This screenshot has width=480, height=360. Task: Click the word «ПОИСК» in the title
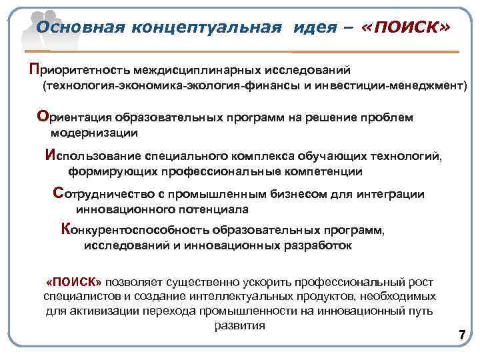405,27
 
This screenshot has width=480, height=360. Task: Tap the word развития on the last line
240,326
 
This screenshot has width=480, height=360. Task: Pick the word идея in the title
319,27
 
